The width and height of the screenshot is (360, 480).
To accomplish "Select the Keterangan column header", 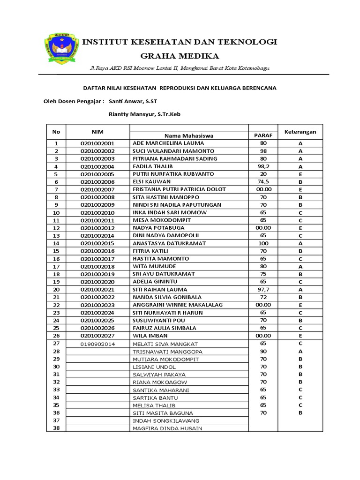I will (300, 132).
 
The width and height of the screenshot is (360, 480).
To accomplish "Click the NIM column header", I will (97, 132).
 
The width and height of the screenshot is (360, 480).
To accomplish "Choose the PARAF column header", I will (263, 135).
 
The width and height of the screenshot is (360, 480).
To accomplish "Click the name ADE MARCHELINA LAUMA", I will (168, 143).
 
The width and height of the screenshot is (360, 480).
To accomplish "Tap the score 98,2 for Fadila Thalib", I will (263, 166).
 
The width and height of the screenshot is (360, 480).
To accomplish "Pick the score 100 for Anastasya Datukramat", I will (263, 243).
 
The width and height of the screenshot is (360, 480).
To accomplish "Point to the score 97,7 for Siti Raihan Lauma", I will (263, 290).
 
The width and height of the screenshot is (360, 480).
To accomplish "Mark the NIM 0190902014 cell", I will (97, 344).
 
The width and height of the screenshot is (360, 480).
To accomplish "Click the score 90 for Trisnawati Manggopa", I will (263, 351).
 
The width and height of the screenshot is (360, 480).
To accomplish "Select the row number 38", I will (57, 428).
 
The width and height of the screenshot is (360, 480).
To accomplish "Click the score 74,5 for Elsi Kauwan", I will (263, 182).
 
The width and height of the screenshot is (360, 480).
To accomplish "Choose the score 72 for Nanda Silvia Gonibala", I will (263, 297).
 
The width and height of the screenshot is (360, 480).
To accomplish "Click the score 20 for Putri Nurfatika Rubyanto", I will (263, 174).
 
